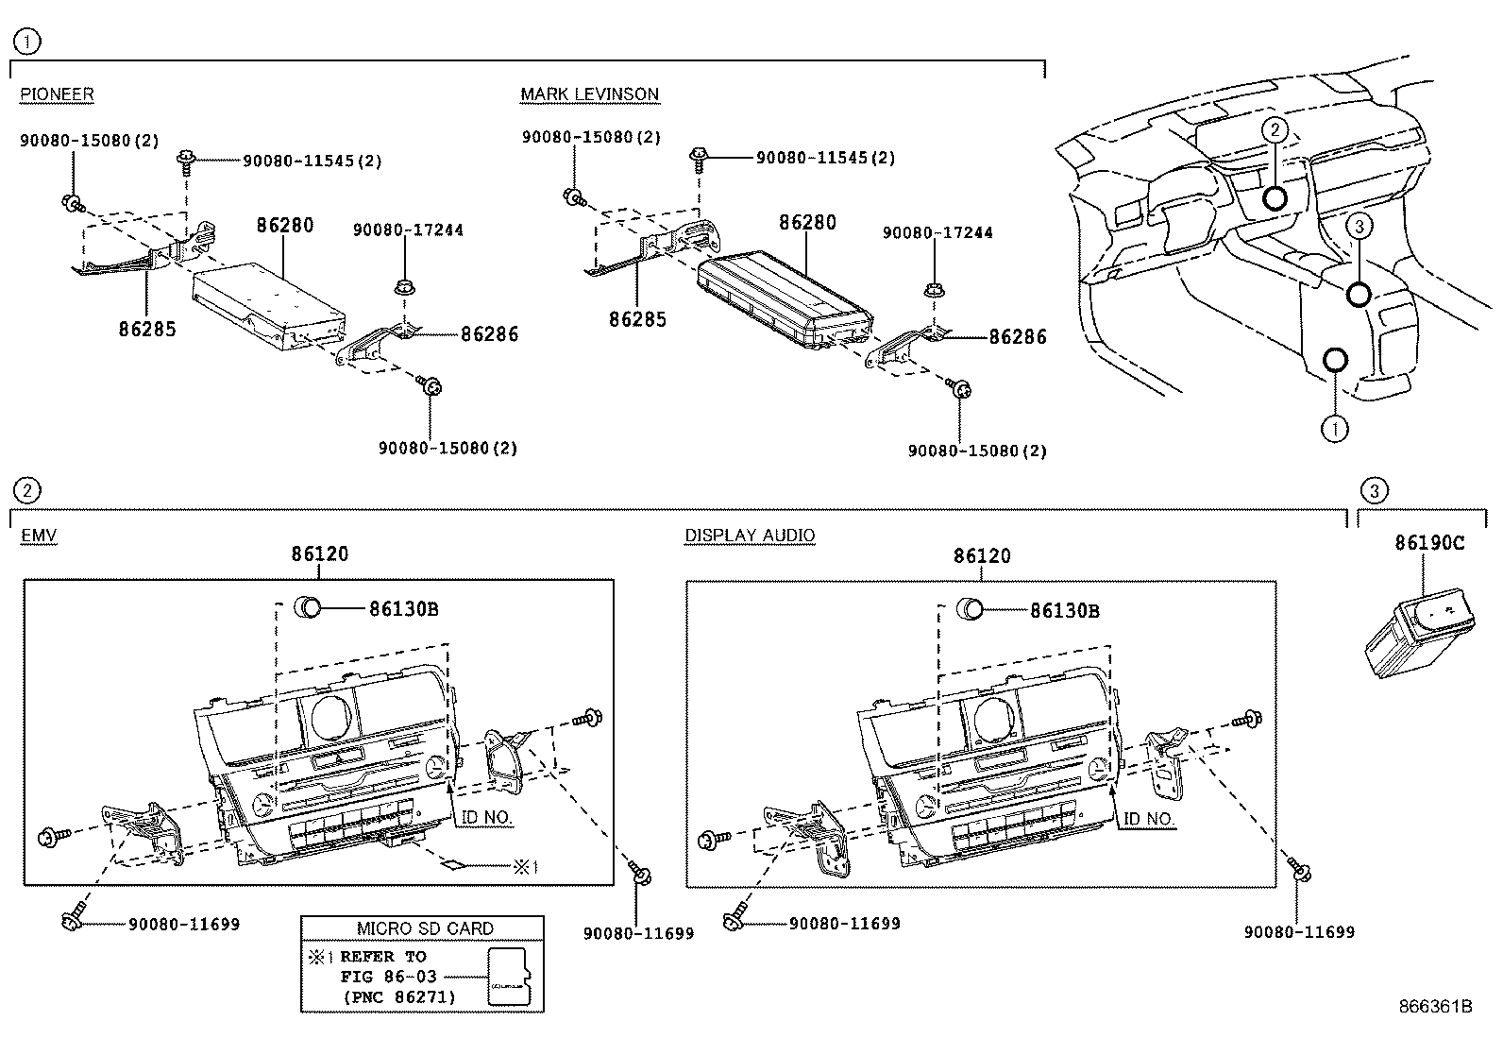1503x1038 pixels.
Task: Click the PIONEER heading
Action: [x=57, y=94]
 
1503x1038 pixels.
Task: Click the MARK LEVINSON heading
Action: [x=589, y=94]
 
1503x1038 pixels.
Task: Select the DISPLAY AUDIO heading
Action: [x=750, y=536]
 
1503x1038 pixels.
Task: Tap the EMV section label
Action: [x=39, y=536]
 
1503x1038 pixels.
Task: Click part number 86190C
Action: [x=1429, y=543]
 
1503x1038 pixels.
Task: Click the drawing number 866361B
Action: [x=1435, y=1006]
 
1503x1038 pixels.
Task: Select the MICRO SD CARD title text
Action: [x=424, y=928]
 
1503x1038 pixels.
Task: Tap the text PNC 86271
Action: [x=397, y=996]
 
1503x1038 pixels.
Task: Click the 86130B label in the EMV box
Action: [x=403, y=609]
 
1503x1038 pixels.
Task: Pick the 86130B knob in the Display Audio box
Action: [x=970, y=608]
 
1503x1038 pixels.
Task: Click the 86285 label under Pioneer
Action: [x=147, y=329]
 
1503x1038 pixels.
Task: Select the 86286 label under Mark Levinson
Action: [x=1017, y=336]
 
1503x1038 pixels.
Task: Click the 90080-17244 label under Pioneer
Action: [x=408, y=230]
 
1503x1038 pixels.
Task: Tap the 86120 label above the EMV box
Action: [x=319, y=554]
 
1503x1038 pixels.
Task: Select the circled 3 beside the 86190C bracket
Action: [x=1374, y=490]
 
